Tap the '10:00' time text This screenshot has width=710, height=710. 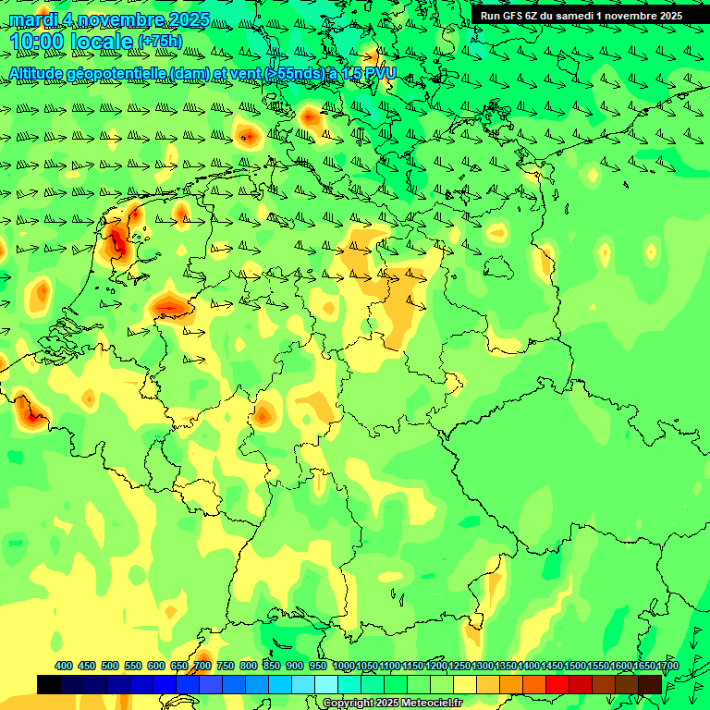click(x=37, y=42)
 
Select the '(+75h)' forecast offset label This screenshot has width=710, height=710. click(x=160, y=42)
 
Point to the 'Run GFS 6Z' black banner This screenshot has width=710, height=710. click(x=581, y=15)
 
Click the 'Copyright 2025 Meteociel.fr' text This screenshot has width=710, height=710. click(x=392, y=704)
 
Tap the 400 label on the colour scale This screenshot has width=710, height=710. click(x=64, y=667)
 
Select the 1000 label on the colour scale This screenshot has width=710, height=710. click(x=344, y=667)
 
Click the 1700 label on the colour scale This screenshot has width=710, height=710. click(x=667, y=667)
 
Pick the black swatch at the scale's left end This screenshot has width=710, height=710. click(x=49, y=684)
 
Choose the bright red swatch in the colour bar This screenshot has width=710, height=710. click(x=557, y=684)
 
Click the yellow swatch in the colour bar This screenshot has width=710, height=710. click(x=465, y=684)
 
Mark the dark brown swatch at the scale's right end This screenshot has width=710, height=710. click(x=650, y=684)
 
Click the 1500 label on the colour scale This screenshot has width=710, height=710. click(x=575, y=667)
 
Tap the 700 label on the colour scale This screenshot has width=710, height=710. click(x=202, y=667)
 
